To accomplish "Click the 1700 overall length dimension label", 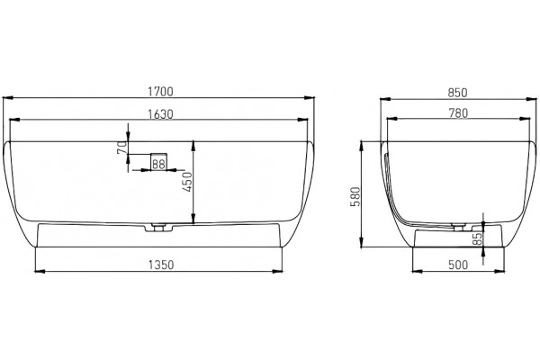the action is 160,92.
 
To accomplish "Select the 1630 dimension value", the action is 160,114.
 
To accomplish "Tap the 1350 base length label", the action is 161,265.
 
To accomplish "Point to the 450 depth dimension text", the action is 188,182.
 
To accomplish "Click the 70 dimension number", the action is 121,148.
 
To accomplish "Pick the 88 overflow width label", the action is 158,165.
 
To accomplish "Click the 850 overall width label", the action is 458,93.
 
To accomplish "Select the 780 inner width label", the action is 458,113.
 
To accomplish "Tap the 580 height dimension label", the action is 355,197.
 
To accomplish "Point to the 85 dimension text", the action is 478,238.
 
